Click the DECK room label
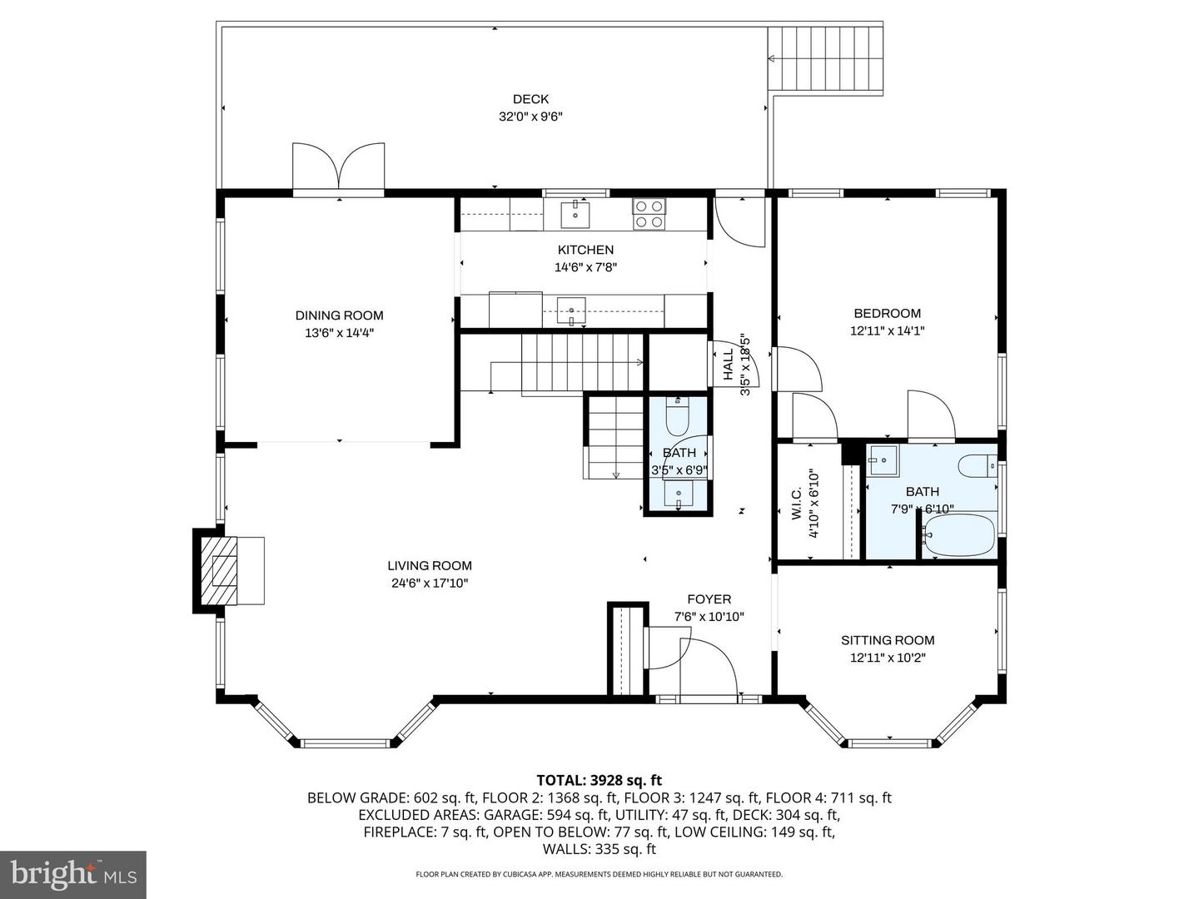tap(530, 99)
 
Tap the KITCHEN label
tap(585, 250)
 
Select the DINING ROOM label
tap(339, 315)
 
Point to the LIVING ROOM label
tap(430, 566)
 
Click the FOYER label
tap(709, 599)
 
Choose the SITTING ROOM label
tap(888, 640)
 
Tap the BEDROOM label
tap(887, 313)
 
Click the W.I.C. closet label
tap(796, 504)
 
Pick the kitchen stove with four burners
tap(649, 213)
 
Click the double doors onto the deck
tap(339, 166)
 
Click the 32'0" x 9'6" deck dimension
tap(530, 117)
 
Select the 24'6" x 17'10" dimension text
tap(430, 584)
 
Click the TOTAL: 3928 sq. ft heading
tap(599, 780)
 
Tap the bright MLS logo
tap(73, 874)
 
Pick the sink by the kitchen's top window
tap(575, 215)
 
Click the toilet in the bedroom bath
tap(978, 465)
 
